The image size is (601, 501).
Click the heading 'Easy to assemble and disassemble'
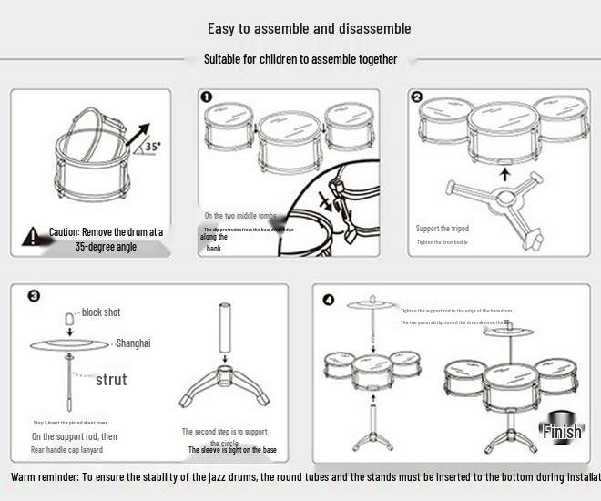pyautogui.click(x=309, y=28)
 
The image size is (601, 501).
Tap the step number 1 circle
pyautogui.click(x=207, y=97)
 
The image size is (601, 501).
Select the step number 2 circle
pyautogui.click(x=417, y=97)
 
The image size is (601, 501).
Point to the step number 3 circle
pyautogui.click(x=34, y=296)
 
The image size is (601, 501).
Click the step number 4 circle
pyautogui.click(x=329, y=299)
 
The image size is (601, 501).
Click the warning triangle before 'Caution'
pyautogui.click(x=34, y=236)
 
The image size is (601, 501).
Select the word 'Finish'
pyautogui.click(x=561, y=431)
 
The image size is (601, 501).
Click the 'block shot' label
pyautogui.click(x=100, y=312)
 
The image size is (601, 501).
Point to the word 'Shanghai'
pyautogui.click(x=133, y=343)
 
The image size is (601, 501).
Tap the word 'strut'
pyautogui.click(x=111, y=379)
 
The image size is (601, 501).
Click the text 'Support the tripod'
pyautogui.click(x=443, y=229)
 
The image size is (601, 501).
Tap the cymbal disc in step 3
pyautogui.click(x=69, y=344)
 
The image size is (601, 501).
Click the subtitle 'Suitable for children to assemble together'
pyautogui.click(x=300, y=59)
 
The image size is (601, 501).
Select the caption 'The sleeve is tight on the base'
pyautogui.click(x=232, y=450)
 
